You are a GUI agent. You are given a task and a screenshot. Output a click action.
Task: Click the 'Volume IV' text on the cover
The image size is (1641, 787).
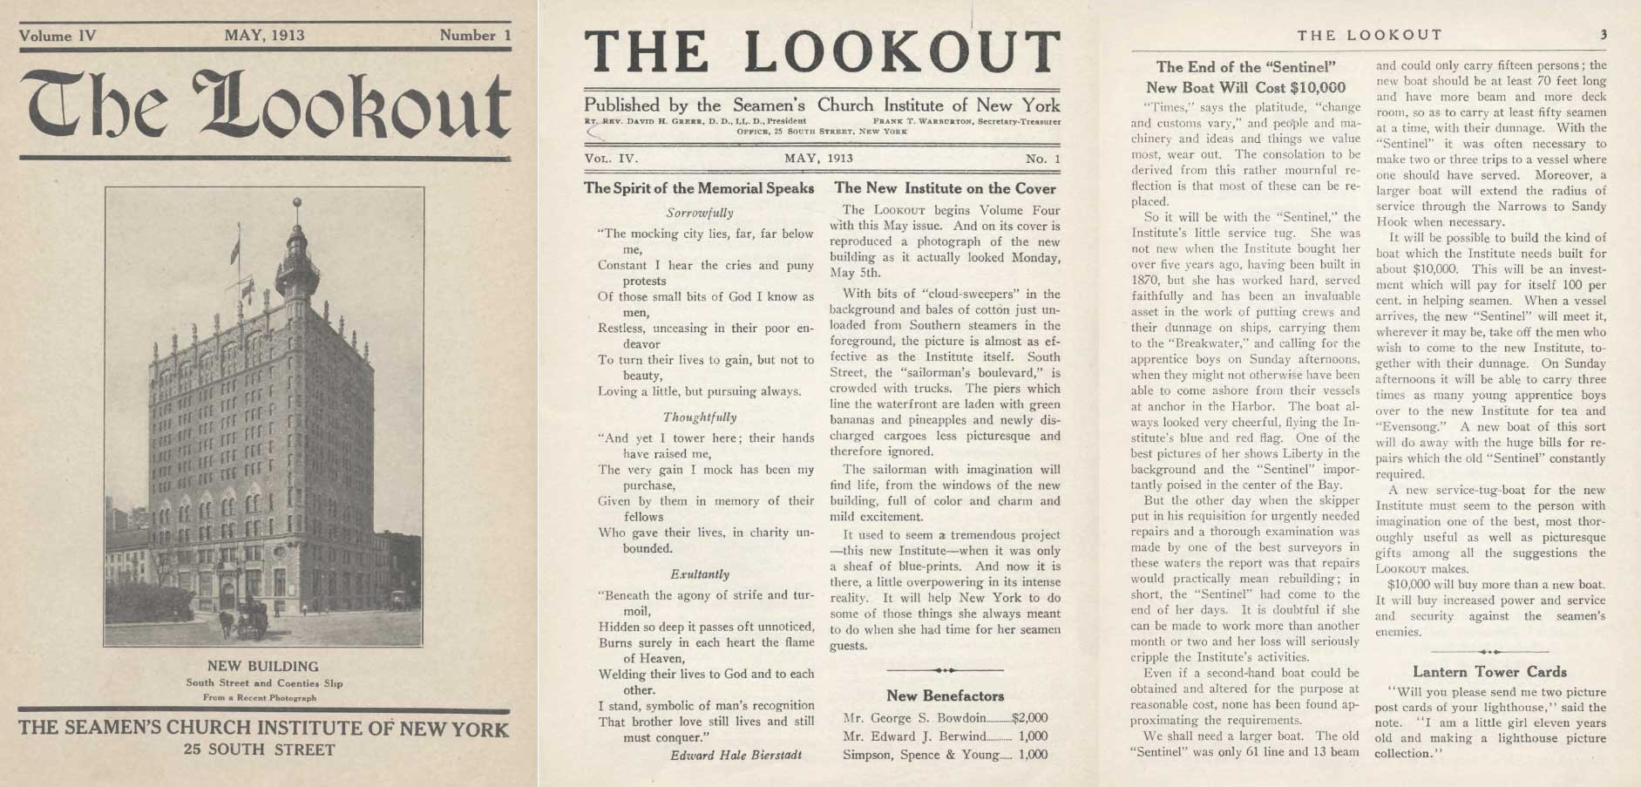pyautogui.click(x=58, y=36)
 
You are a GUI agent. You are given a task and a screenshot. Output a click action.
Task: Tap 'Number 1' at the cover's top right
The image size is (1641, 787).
pyautogui.click(x=475, y=36)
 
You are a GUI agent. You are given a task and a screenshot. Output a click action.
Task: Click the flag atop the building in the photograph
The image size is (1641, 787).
pyautogui.click(x=234, y=250)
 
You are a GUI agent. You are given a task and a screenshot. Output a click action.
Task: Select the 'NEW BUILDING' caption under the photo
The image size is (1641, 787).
pyautogui.click(x=263, y=667)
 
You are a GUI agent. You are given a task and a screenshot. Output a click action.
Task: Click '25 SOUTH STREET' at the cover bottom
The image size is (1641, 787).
pyautogui.click(x=259, y=750)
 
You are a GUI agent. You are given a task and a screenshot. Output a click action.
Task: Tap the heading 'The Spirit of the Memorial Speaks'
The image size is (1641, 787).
pyautogui.click(x=698, y=188)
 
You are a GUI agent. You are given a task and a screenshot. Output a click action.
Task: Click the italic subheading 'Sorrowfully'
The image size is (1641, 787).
pyautogui.click(x=700, y=213)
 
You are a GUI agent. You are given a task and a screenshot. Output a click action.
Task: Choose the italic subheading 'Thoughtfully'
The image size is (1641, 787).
pyautogui.click(x=699, y=417)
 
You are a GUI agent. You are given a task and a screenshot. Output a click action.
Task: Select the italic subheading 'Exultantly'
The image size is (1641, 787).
pyautogui.click(x=700, y=574)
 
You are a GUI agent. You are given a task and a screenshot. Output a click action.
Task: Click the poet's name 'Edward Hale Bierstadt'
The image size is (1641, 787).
pyautogui.click(x=736, y=755)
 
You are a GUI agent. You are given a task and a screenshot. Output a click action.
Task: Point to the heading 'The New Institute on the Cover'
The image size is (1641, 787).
pyautogui.click(x=945, y=188)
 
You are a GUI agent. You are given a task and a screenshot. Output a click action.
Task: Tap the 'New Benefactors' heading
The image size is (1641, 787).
pyautogui.click(x=945, y=695)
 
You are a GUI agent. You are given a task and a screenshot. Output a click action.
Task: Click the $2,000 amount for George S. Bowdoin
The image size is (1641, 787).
pyautogui.click(x=1029, y=719)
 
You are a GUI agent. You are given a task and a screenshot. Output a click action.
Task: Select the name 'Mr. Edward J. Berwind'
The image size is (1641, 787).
pyautogui.click(x=901, y=736)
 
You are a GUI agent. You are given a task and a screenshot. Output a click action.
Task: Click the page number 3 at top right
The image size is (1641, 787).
pyautogui.click(x=1603, y=35)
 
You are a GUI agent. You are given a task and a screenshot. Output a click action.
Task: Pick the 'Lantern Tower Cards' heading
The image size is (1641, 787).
pyautogui.click(x=1489, y=672)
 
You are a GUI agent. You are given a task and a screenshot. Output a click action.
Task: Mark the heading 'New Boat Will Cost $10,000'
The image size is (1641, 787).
pyautogui.click(x=1245, y=87)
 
